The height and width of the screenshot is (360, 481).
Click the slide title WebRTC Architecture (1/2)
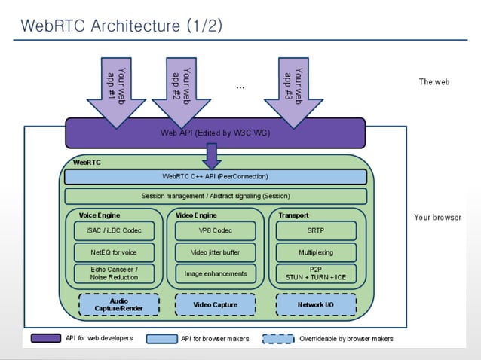(121, 26)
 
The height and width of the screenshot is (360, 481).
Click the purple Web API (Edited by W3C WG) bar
(215, 133)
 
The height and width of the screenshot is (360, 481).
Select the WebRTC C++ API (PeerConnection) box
(215, 177)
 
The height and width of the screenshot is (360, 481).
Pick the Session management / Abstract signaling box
(215, 196)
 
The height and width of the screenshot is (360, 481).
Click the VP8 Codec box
(215, 230)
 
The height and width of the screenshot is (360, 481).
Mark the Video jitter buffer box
(215, 252)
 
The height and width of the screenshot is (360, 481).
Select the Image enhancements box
(215, 273)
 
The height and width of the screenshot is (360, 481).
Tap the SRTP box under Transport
(316, 230)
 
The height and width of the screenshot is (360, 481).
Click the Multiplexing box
(316, 252)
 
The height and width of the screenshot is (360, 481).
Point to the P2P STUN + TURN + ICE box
(316, 273)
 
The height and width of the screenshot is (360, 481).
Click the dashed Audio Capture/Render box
(119, 304)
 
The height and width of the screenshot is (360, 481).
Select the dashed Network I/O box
(316, 304)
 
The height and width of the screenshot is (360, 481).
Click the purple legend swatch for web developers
(46, 338)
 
